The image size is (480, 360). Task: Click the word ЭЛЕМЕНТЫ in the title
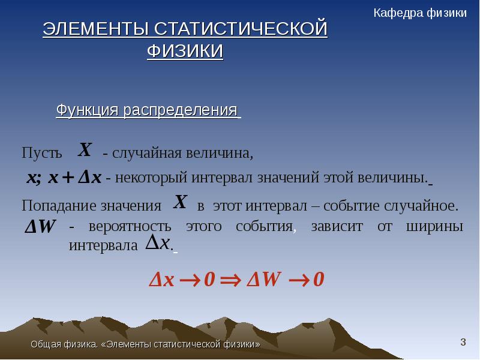[96, 29]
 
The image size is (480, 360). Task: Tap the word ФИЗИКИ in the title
[185, 51]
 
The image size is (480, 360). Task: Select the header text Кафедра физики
[420, 13]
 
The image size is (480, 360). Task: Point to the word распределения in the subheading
[181, 110]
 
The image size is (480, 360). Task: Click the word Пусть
[41, 152]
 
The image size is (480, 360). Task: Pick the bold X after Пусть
[85, 149]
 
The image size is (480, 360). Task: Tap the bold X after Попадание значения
[180, 202]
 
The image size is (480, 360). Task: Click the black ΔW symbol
[40, 227]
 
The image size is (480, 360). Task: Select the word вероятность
[130, 227]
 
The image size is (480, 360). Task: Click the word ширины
[434, 227]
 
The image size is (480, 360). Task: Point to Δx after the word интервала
[157, 243]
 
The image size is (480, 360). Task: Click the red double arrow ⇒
[231, 280]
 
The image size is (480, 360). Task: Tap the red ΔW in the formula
[263, 279]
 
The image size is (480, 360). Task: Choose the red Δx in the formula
[161, 280]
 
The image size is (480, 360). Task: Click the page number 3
[463, 342]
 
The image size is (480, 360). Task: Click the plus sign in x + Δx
[68, 177]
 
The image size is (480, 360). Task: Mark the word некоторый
[151, 178]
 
